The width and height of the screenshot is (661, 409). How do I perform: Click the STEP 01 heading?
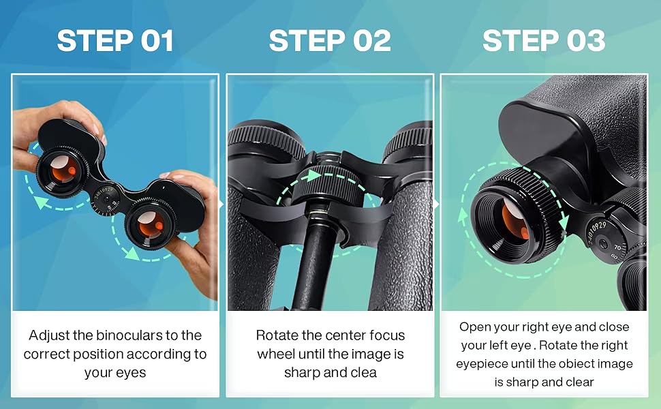pyautogui.click(x=115, y=42)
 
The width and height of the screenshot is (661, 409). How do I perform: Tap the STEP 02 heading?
pyautogui.click(x=330, y=42)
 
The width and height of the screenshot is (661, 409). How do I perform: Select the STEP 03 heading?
pyautogui.click(x=544, y=42)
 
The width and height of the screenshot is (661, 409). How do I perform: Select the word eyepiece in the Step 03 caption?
pyautogui.click(x=484, y=364)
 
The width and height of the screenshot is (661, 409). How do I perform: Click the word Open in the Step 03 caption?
pyautogui.click(x=474, y=327)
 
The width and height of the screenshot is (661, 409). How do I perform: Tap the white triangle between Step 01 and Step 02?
pyautogui.click(x=222, y=203)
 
